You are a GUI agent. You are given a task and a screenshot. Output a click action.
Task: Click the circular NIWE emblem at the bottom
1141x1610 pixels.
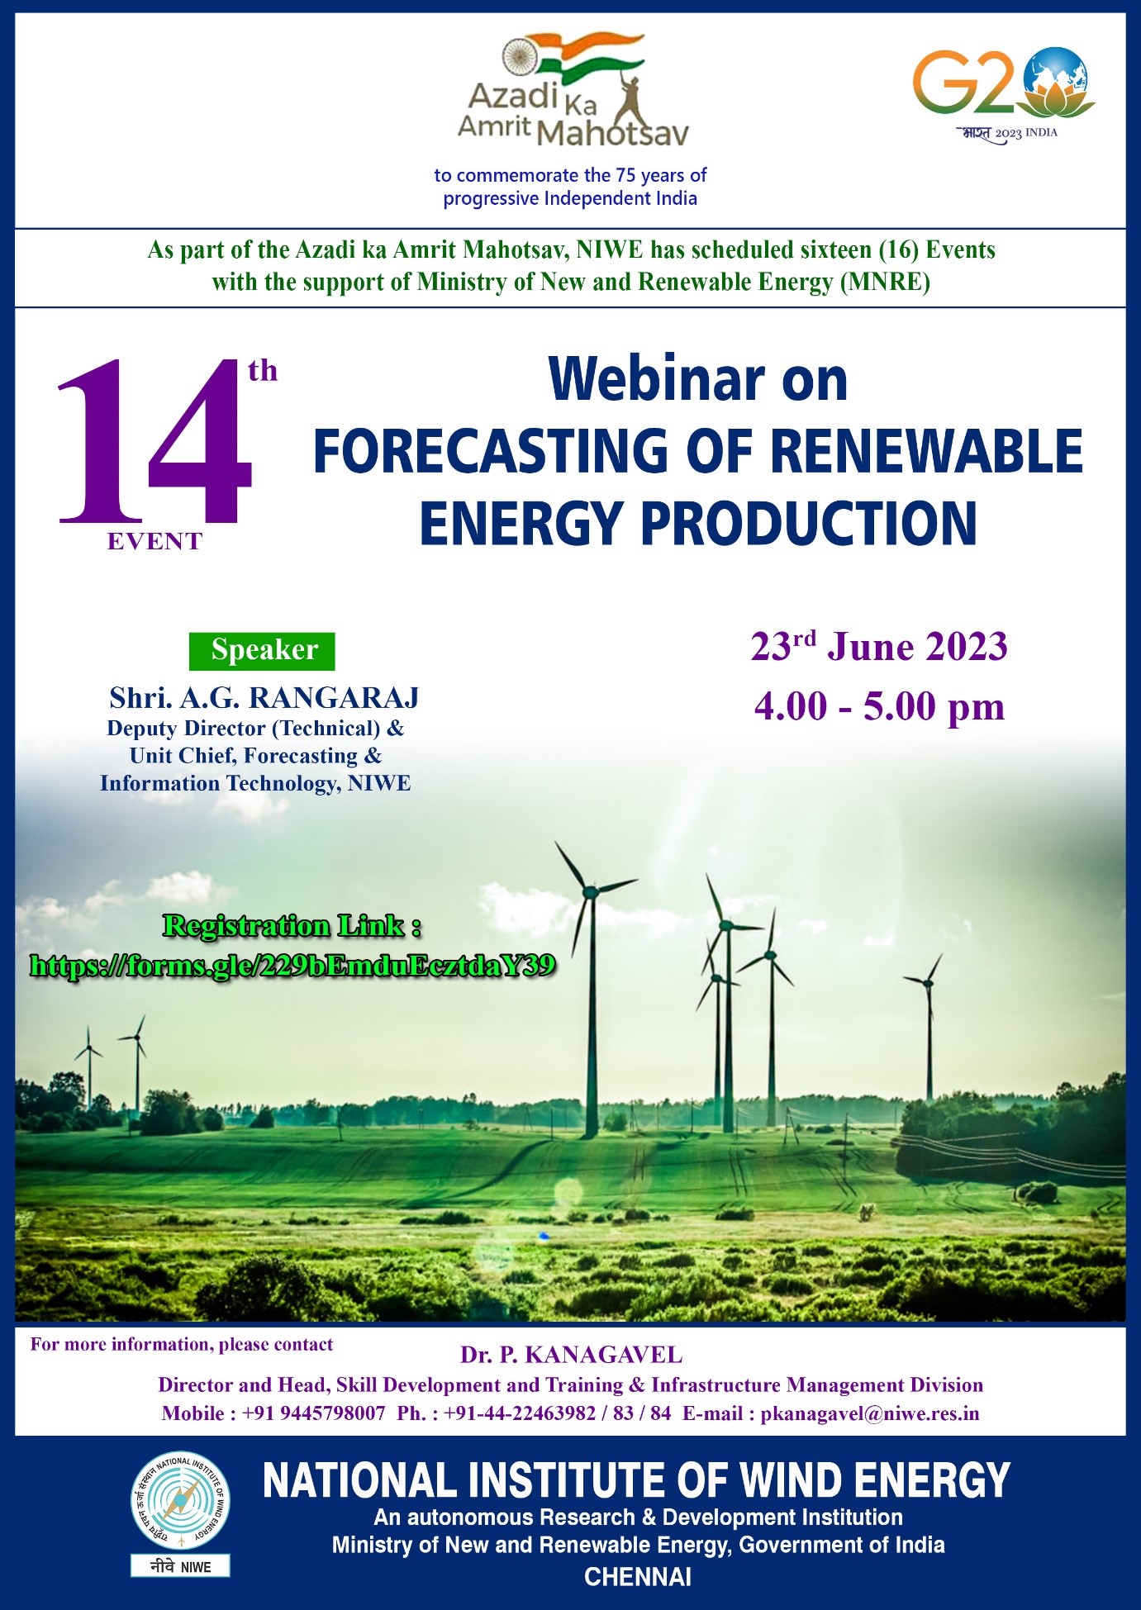[180, 1502]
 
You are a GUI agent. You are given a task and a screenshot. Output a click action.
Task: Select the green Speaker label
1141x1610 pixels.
[263, 650]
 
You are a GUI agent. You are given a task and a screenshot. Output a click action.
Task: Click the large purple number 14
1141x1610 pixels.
[155, 442]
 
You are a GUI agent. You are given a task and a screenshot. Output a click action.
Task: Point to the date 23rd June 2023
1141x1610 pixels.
[879, 646]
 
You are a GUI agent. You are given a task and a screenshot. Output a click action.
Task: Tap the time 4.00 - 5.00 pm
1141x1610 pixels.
[879, 706]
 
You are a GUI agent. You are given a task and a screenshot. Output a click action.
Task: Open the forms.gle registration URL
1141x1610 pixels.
[292, 964]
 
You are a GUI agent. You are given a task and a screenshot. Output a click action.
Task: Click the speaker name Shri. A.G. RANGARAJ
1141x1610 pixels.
[264, 698]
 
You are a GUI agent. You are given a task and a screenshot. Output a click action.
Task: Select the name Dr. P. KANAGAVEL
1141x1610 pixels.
[572, 1355]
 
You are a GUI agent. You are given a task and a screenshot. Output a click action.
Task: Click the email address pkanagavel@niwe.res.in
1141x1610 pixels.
[870, 1413]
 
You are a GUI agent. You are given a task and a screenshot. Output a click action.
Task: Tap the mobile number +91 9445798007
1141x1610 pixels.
[313, 1413]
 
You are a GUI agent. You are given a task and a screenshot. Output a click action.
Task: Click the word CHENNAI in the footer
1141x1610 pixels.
[638, 1577]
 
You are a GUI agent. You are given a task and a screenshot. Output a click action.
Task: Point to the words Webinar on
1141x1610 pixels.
[698, 380]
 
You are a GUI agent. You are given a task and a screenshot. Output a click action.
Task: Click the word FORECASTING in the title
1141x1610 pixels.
[491, 451]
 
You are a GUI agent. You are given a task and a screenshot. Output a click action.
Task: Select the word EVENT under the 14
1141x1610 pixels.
[155, 542]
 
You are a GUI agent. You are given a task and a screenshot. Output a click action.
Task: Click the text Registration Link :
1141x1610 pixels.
[292, 926]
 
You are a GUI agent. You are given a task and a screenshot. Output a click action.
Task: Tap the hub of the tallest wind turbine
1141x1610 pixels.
[590, 892]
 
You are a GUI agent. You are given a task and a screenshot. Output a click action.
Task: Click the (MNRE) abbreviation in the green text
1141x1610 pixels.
[885, 283]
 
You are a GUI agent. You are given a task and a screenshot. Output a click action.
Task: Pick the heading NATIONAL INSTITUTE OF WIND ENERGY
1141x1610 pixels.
[636, 1479]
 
